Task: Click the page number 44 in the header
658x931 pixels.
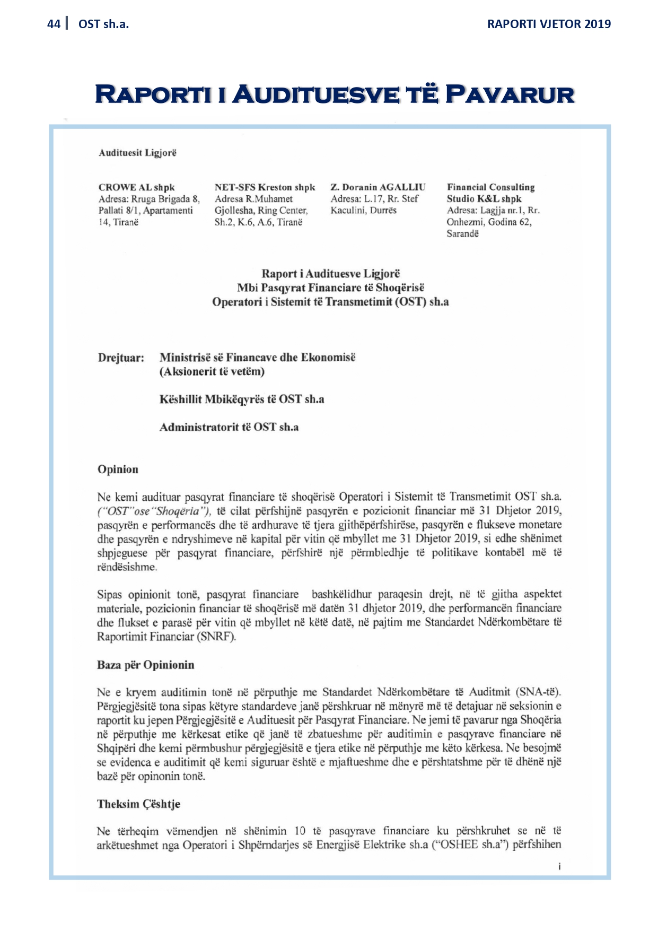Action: [54, 24]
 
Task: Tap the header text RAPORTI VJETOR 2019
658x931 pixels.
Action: [549, 24]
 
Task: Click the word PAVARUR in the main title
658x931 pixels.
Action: [510, 94]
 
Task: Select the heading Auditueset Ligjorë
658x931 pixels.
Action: [137, 153]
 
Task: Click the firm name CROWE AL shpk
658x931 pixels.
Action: [136, 187]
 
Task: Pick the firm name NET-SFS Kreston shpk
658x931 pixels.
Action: [265, 187]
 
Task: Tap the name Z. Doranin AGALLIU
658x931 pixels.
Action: [378, 187]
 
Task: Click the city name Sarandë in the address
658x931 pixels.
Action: [462, 233]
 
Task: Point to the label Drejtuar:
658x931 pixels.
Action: [121, 358]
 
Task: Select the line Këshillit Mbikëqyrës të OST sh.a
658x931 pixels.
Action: [242, 399]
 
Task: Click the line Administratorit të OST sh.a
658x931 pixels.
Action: [229, 427]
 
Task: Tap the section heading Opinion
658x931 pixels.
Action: [118, 469]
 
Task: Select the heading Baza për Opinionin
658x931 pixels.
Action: [145, 665]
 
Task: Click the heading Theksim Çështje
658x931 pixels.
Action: [138, 804]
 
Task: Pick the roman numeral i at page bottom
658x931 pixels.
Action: [559, 866]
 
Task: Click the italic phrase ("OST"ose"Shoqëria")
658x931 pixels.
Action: [154, 511]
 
